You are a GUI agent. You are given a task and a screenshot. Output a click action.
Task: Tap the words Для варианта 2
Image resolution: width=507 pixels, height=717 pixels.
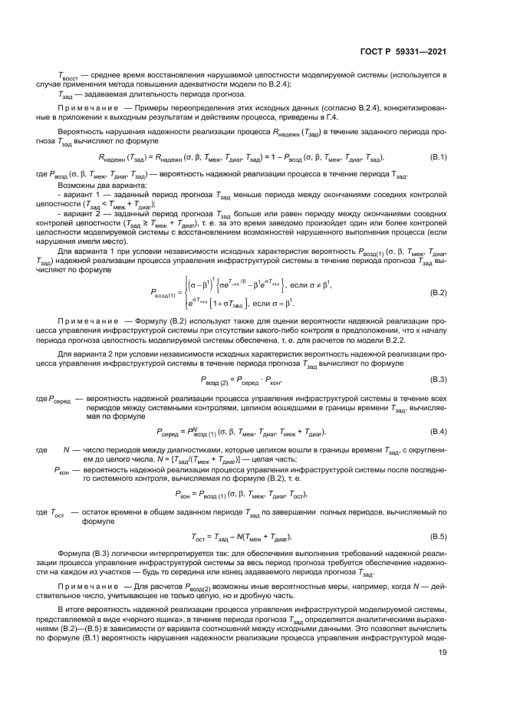(x=88, y=351)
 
